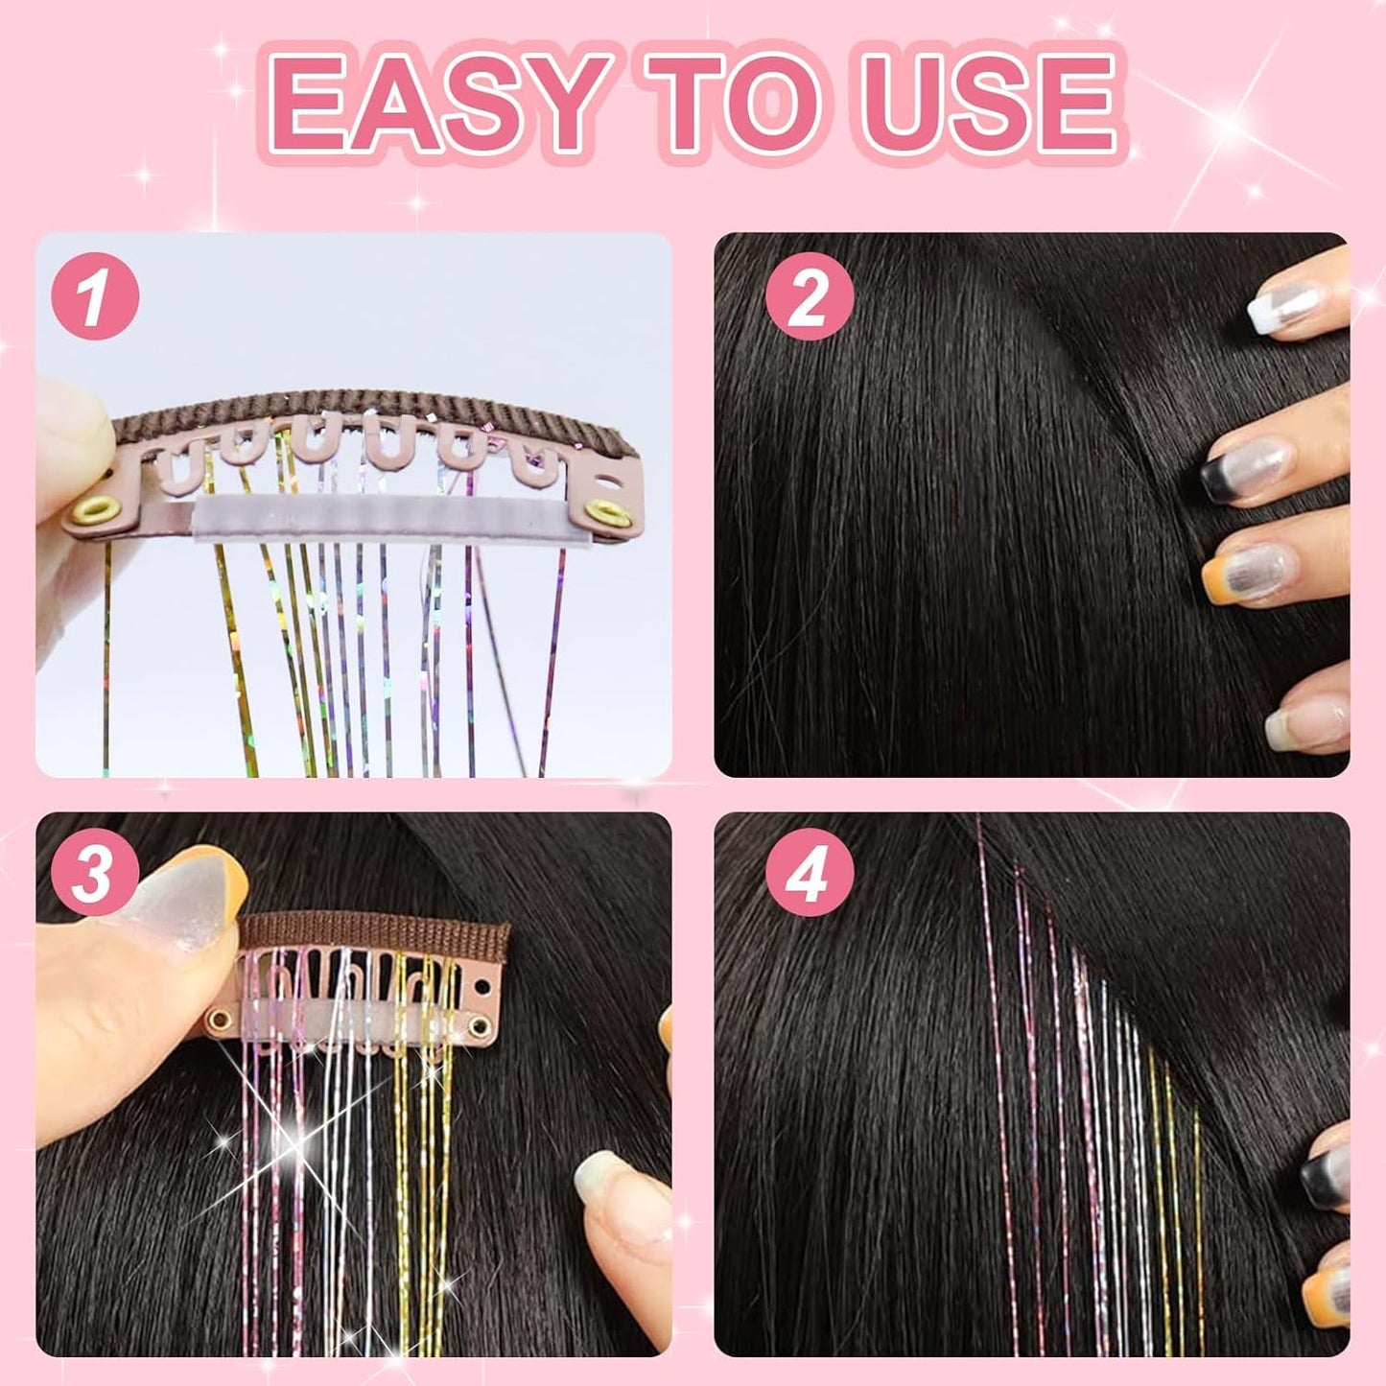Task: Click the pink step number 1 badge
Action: (x=95, y=296)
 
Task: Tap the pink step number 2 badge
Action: (x=809, y=296)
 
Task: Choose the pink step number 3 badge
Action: (x=93, y=876)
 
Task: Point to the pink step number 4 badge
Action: (x=809, y=876)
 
